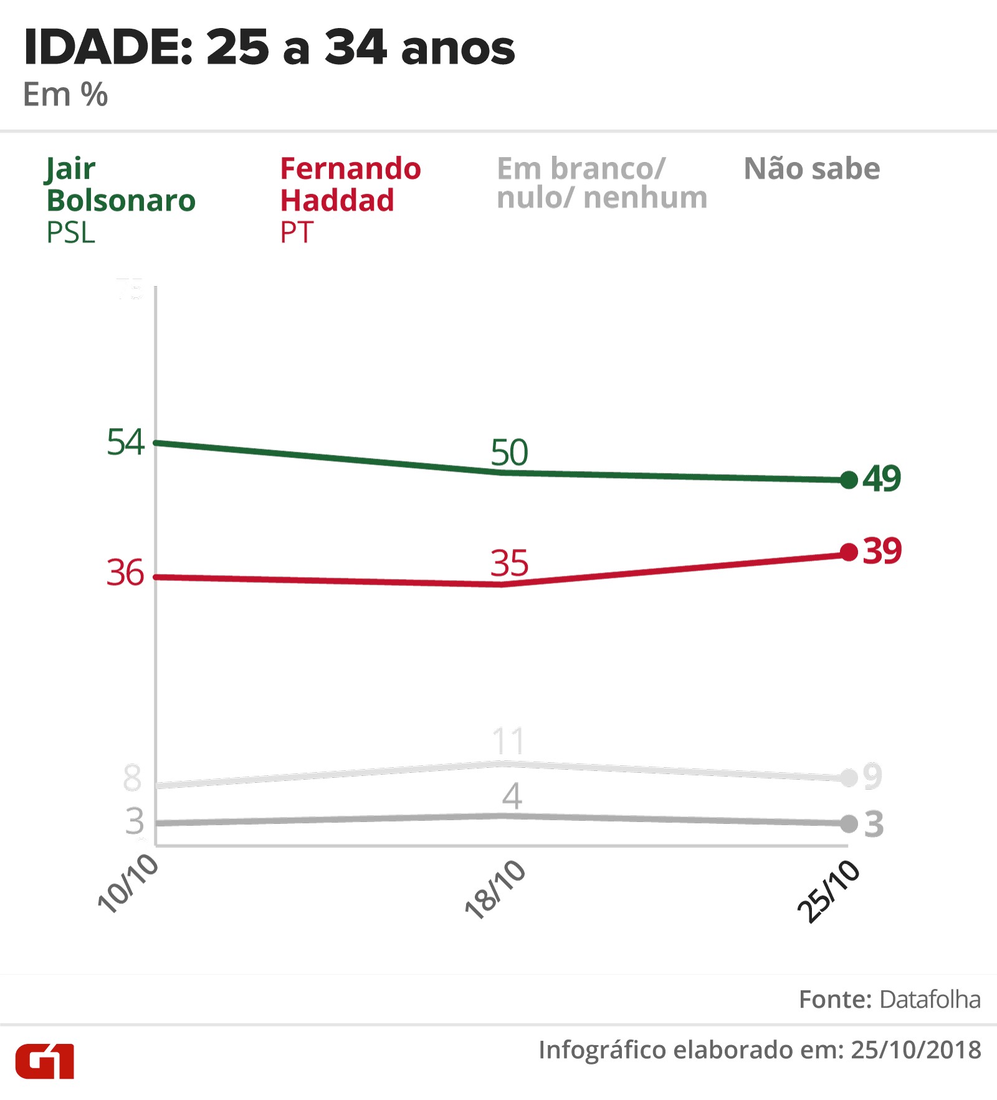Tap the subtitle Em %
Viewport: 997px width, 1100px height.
(65, 95)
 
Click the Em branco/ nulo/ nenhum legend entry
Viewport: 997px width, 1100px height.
(602, 183)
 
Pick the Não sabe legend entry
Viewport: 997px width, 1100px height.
(812, 169)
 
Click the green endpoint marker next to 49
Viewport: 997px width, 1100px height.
(849, 480)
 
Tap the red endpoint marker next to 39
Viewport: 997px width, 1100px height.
(849, 552)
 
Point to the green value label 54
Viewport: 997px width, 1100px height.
(125, 442)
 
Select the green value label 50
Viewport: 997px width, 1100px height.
(509, 452)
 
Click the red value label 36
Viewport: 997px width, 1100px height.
(125, 573)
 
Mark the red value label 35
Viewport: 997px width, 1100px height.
(509, 563)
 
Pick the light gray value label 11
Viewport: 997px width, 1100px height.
(508, 742)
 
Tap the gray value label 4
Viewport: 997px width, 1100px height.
(512, 796)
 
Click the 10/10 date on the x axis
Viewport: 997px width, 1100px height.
(128, 884)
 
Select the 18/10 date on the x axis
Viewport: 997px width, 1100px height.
(495, 890)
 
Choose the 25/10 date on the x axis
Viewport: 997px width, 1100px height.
(829, 892)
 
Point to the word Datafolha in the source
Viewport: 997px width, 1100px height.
(930, 1000)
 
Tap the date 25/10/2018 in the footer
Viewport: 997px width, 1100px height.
(916, 1050)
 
